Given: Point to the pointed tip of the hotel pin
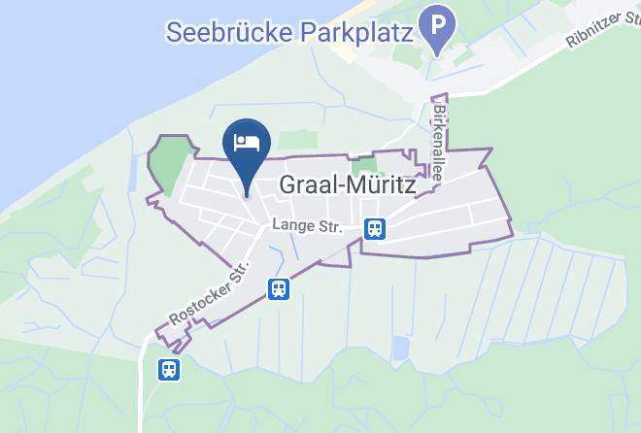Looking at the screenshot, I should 247,193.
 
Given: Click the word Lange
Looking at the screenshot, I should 291,223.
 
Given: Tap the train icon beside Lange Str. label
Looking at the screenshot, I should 374,229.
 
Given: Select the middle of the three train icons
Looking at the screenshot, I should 279,288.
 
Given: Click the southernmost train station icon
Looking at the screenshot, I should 169,369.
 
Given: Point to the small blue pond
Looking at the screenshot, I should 400,348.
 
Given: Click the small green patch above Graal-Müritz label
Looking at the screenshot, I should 361,166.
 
